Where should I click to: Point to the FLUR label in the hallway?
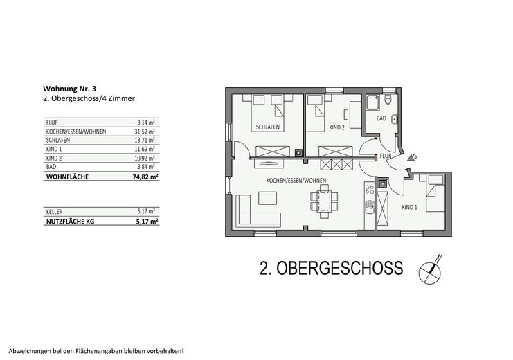click(386, 156)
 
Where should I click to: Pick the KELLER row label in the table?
click(53, 210)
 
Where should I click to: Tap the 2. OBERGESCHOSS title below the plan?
click(321, 267)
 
